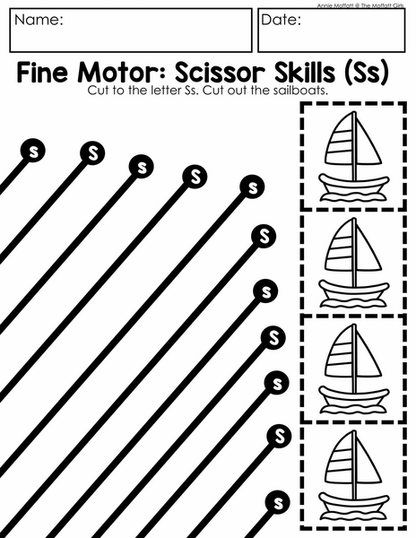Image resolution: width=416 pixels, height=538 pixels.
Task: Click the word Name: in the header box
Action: [x=39, y=20]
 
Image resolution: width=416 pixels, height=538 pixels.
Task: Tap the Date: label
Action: [x=282, y=20]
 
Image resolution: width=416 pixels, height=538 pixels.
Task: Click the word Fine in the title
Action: [x=42, y=72]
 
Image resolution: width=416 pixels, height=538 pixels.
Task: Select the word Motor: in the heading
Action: [x=123, y=72]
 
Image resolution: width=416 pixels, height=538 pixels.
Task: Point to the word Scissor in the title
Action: [x=220, y=72]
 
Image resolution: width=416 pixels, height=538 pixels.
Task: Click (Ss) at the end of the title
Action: [x=367, y=73]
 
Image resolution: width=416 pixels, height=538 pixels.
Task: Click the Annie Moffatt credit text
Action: [x=360, y=5]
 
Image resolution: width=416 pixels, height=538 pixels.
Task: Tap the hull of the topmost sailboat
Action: [x=354, y=186]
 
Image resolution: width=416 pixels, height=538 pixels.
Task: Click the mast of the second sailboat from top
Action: [x=355, y=253]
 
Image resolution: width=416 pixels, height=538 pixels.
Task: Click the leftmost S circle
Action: [x=33, y=151]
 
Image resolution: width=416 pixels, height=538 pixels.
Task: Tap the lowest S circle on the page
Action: [x=278, y=503]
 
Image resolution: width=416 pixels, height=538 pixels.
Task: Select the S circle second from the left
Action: [x=92, y=153]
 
